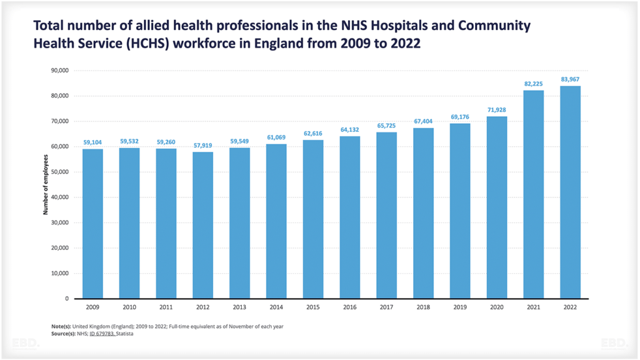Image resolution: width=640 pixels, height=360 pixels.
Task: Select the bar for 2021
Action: [533, 194]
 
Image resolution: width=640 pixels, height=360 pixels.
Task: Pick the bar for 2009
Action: [92, 224]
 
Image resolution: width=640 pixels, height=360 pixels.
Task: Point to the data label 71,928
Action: [497, 109]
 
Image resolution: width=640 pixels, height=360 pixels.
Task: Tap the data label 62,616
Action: [313, 133]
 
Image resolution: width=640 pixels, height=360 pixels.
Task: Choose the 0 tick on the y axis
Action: [66, 299]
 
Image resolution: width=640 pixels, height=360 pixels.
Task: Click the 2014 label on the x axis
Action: [276, 308]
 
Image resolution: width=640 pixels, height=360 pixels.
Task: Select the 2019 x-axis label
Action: [460, 308]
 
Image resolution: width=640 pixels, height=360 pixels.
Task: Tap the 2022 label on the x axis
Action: [570, 308]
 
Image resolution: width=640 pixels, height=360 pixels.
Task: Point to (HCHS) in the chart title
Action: [132, 44]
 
